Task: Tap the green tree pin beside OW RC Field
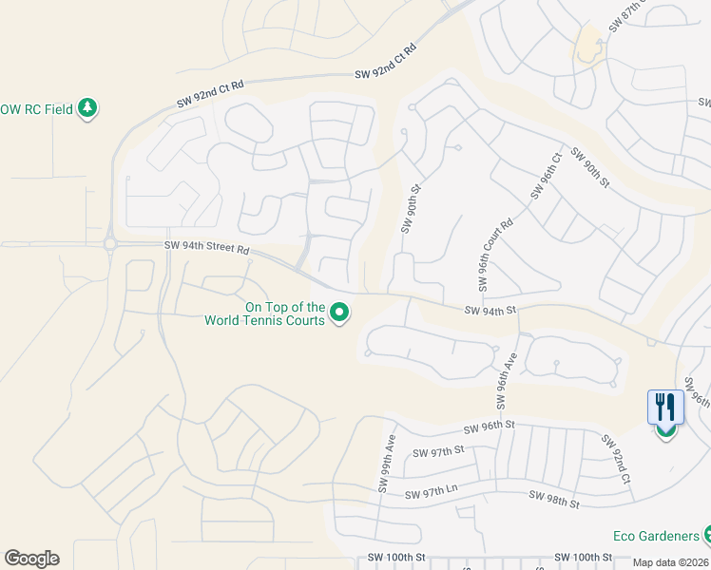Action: (x=87, y=107)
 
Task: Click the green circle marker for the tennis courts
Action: (x=339, y=313)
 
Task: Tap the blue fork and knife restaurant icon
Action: (x=664, y=408)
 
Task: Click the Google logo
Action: (x=31, y=559)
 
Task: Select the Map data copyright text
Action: (x=671, y=562)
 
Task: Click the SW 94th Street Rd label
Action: (x=206, y=248)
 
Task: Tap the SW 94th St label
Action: (x=490, y=310)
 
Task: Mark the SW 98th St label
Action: (x=554, y=499)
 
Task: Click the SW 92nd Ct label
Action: (x=614, y=460)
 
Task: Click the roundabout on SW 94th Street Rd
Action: (x=109, y=244)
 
